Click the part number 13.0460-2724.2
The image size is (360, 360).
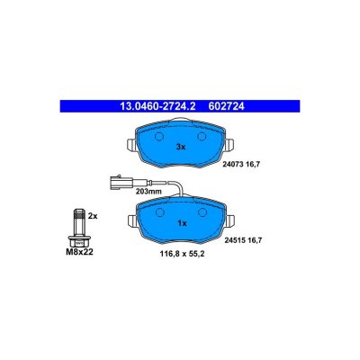[x=157, y=106]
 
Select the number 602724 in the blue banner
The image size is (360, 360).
[x=224, y=106]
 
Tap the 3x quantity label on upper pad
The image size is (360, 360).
[x=181, y=147]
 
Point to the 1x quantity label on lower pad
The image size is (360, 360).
[x=182, y=223]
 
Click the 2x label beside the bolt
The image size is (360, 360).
[x=93, y=215]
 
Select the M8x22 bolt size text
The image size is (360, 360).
[x=79, y=252]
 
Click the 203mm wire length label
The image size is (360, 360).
[x=148, y=192]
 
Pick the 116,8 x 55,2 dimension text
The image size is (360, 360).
[x=183, y=254]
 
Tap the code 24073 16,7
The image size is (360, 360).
[x=241, y=164]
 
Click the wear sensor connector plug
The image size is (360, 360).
[x=121, y=182]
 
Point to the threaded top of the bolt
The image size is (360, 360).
[x=79, y=214]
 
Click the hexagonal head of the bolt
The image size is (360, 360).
[x=79, y=241]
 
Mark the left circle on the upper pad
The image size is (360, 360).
[x=159, y=137]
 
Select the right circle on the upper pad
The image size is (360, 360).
[x=202, y=137]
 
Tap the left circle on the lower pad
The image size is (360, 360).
[x=160, y=212]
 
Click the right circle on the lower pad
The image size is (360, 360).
[x=202, y=212]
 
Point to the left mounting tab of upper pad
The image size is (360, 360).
[x=132, y=145]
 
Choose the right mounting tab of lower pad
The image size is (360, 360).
[x=230, y=220]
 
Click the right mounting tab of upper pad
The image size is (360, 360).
[x=229, y=145]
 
